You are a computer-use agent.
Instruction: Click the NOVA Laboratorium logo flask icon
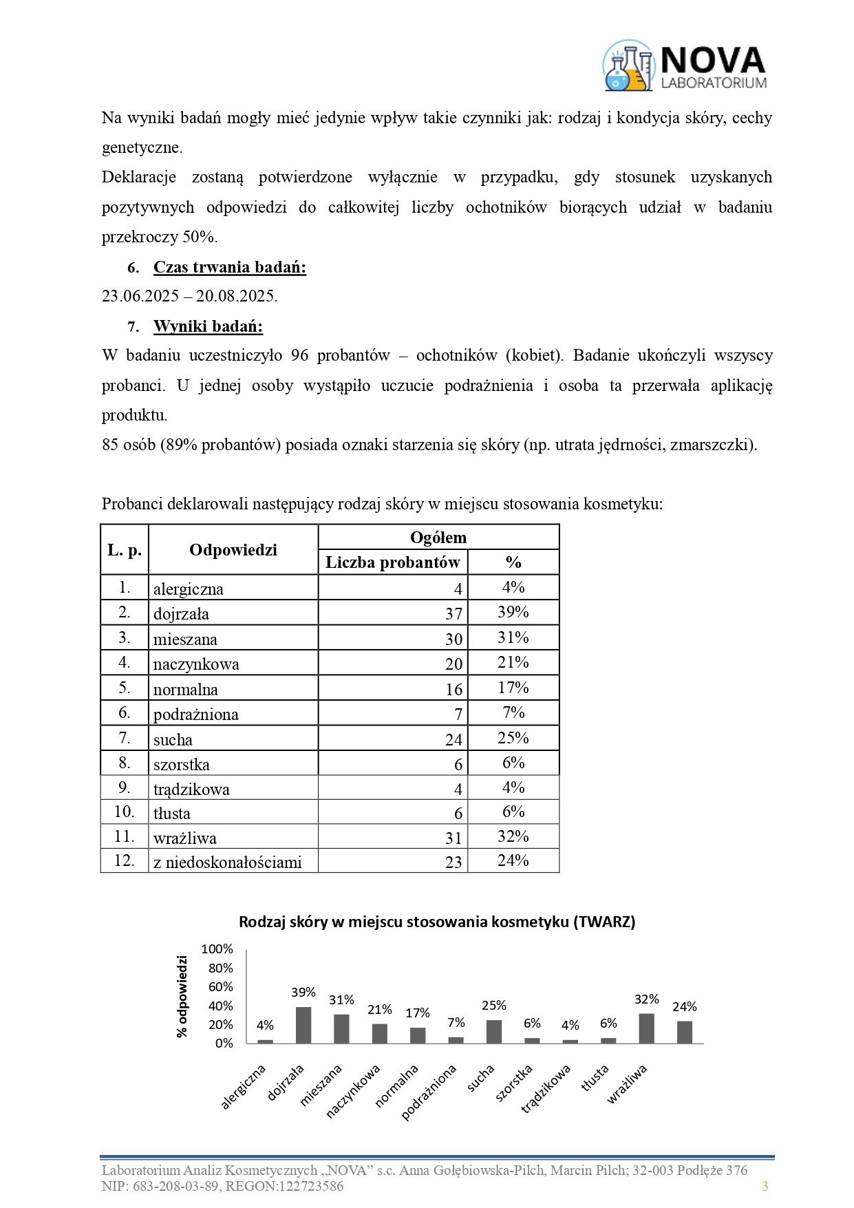[x=628, y=66]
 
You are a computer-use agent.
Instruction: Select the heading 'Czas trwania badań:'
[x=229, y=267]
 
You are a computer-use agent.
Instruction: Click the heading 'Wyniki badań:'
[x=208, y=326]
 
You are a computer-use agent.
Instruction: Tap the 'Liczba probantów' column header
[x=392, y=562]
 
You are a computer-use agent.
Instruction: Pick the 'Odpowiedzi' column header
[x=233, y=550]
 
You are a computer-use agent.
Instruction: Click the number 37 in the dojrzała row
[x=453, y=613]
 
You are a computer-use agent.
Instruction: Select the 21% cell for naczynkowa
[x=513, y=663]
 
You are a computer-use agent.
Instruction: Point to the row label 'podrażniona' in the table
[x=196, y=714]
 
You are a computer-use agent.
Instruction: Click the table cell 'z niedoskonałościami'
[x=228, y=862]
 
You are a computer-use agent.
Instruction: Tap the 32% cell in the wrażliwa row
[x=513, y=836]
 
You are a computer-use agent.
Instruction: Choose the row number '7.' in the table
[x=125, y=738]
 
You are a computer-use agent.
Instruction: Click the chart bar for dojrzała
[x=303, y=1025]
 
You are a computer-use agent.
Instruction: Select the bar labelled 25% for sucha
[x=494, y=1031]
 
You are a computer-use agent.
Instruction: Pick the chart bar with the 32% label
[x=647, y=1028]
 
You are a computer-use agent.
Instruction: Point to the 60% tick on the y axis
[x=221, y=987]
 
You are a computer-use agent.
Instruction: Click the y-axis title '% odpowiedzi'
[x=182, y=996]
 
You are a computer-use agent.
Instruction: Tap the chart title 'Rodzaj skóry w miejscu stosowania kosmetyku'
[x=437, y=922]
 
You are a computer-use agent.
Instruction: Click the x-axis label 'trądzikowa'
[x=546, y=1089]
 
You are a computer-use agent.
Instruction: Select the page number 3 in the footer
[x=765, y=1186]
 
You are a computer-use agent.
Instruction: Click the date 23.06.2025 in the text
[x=140, y=297]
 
